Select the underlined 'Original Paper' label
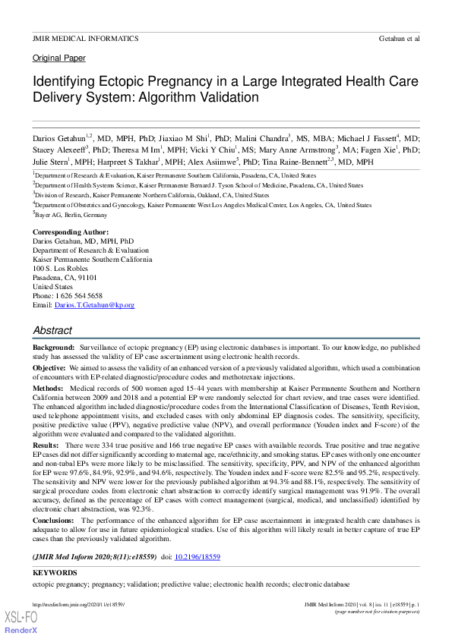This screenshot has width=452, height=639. click(59, 58)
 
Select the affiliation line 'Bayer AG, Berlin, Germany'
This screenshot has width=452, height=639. click(73, 215)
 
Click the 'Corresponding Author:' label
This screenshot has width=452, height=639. click(71, 231)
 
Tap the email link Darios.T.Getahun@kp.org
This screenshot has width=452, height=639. click(94, 305)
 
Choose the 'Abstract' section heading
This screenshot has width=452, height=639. click(52, 331)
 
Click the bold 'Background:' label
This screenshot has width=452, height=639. click(53, 346)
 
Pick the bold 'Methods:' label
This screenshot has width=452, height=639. click(48, 387)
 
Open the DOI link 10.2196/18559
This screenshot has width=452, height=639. click(197, 557)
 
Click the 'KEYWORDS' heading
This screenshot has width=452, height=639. click(55, 573)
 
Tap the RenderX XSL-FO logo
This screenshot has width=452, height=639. click(21, 623)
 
